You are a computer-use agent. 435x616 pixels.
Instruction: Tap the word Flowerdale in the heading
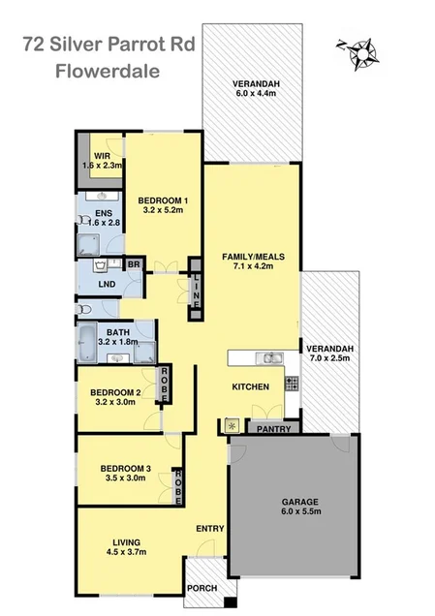[x=109, y=70]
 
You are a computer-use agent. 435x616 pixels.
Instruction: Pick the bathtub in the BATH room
[x=90, y=339]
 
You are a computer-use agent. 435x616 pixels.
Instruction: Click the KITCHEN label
[x=249, y=386]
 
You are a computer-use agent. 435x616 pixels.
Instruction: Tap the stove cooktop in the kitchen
[x=291, y=384]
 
